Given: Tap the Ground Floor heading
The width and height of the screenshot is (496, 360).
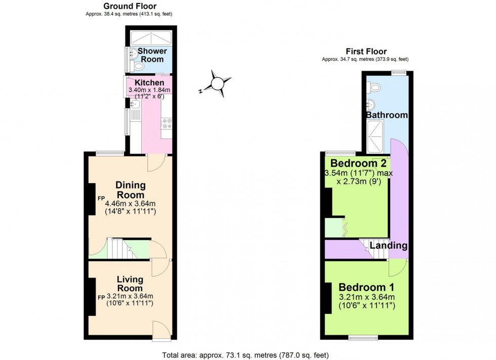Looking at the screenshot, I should [130, 6].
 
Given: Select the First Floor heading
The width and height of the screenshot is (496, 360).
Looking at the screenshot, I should [366, 51].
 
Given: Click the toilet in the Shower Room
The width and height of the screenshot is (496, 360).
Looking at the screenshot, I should [138, 66].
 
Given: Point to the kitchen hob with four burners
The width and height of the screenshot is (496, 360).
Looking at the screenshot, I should [167, 124].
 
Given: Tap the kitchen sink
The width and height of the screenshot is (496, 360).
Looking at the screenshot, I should [135, 104].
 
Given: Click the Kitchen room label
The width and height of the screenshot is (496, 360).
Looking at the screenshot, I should [149, 82].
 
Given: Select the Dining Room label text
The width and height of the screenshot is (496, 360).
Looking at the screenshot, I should [131, 190].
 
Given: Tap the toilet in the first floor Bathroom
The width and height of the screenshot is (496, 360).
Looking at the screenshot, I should [375, 87].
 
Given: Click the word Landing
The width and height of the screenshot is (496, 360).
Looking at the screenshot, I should [388, 246].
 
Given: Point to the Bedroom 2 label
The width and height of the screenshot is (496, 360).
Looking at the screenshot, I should [358, 163].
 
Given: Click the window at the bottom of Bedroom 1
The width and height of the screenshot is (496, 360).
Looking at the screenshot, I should [362, 337].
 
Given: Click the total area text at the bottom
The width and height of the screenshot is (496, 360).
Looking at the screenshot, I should [248, 354].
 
